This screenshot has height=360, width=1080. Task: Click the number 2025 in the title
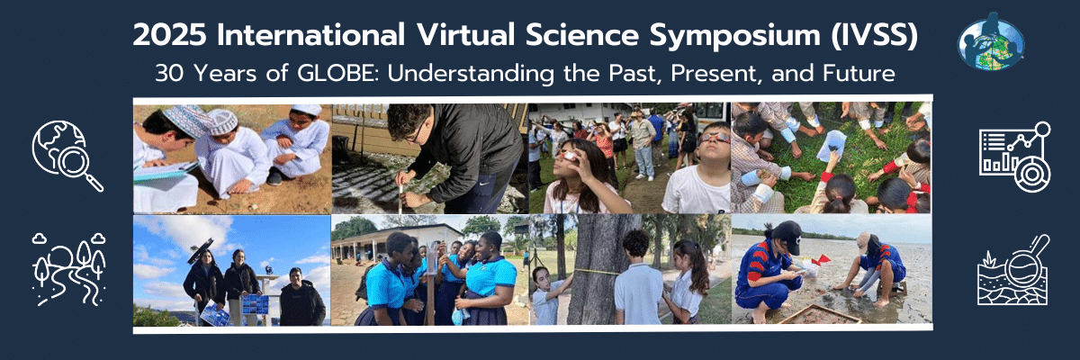(x=169, y=36)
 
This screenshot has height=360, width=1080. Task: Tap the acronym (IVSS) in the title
(x=874, y=36)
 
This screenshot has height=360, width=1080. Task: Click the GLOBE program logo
(x=991, y=42)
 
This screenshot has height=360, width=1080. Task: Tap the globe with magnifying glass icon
(x=67, y=155)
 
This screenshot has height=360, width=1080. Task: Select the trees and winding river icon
(x=68, y=269)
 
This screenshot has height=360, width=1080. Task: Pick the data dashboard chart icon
(x=1014, y=157)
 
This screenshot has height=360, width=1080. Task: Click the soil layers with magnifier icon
(x=1013, y=270)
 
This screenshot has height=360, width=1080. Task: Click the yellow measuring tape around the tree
(x=595, y=273)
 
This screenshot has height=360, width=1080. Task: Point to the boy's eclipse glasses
(x=715, y=139)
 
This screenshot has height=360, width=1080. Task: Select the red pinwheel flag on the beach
(x=819, y=261)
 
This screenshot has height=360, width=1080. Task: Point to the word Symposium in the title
(x=734, y=37)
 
